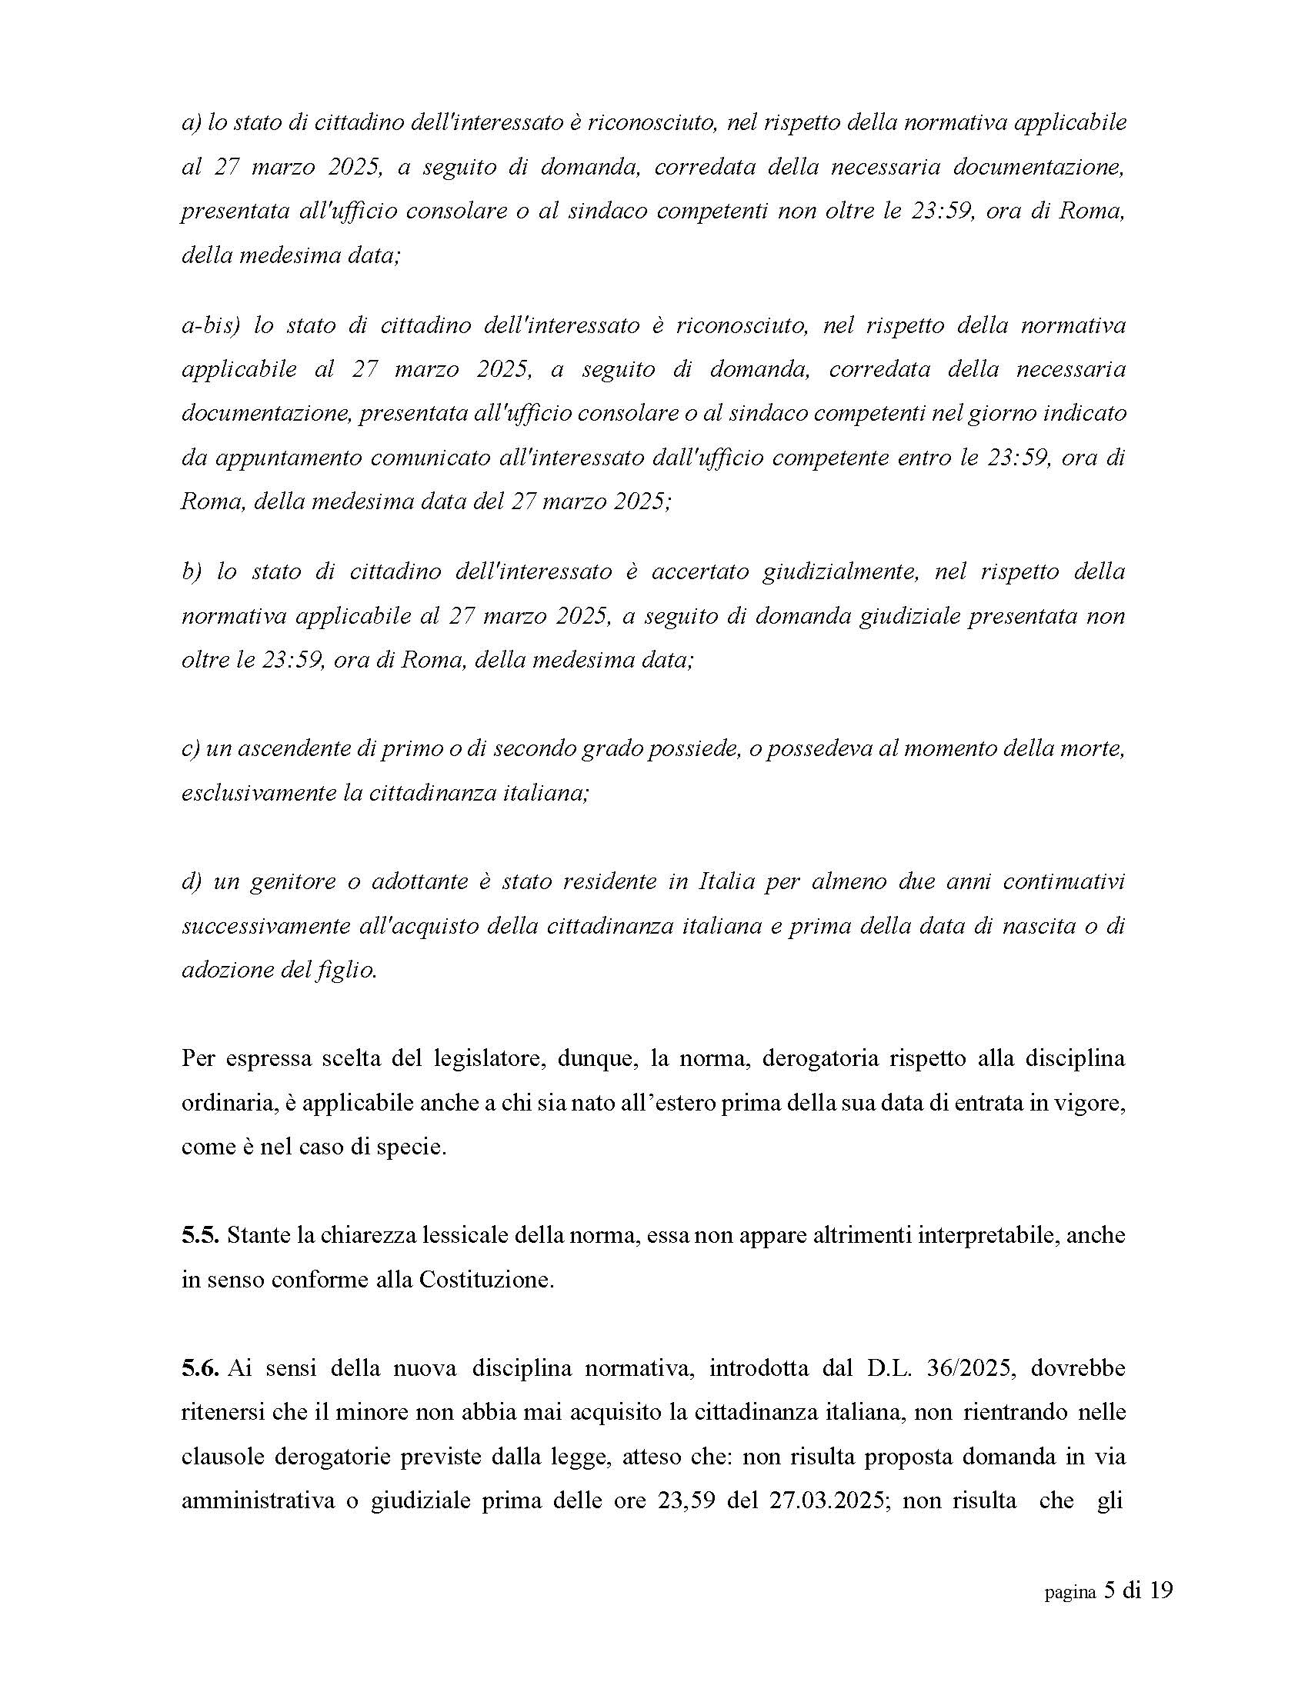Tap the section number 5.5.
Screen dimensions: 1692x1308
pos(201,1235)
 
